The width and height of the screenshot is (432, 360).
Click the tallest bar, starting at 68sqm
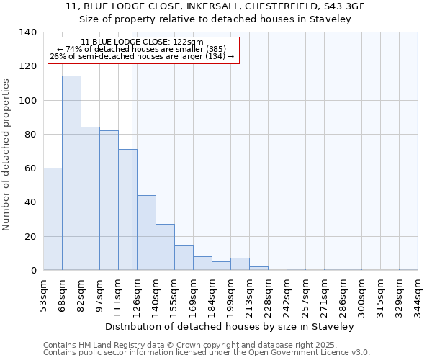tap(71, 173)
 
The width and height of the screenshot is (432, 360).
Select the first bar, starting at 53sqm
tap(53, 219)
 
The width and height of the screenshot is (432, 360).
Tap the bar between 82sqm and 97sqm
tap(90, 199)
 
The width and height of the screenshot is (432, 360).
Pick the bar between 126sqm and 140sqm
tap(146, 233)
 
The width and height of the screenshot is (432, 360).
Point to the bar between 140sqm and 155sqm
tap(165, 247)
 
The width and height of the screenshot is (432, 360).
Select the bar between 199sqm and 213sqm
tap(240, 264)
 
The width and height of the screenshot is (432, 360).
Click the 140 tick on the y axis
tap(28, 32)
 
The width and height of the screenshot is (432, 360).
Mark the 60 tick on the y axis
tap(31, 168)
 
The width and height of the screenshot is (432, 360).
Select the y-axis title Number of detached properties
tap(6, 154)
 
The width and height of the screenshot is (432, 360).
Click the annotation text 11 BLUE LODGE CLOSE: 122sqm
tap(142, 42)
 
